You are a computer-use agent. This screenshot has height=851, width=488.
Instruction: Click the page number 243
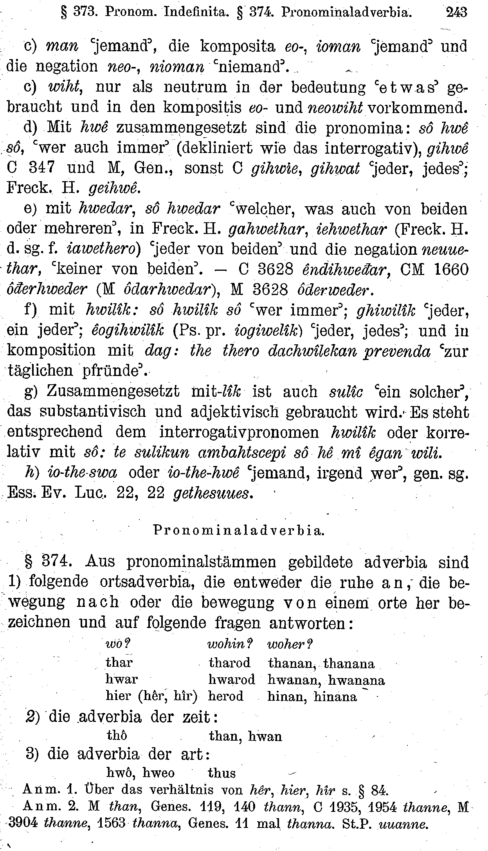pos(456,13)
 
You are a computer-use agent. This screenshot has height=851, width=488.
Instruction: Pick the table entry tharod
pos(230,663)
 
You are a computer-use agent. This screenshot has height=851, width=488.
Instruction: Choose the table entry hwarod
pos(232,680)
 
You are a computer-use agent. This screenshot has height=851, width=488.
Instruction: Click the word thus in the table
pos(222,773)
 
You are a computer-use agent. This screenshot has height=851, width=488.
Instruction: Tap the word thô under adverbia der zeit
pos(117,736)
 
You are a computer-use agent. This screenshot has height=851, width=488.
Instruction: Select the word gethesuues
pos(211,494)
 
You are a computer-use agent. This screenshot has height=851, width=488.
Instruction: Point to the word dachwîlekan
pos(313,351)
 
